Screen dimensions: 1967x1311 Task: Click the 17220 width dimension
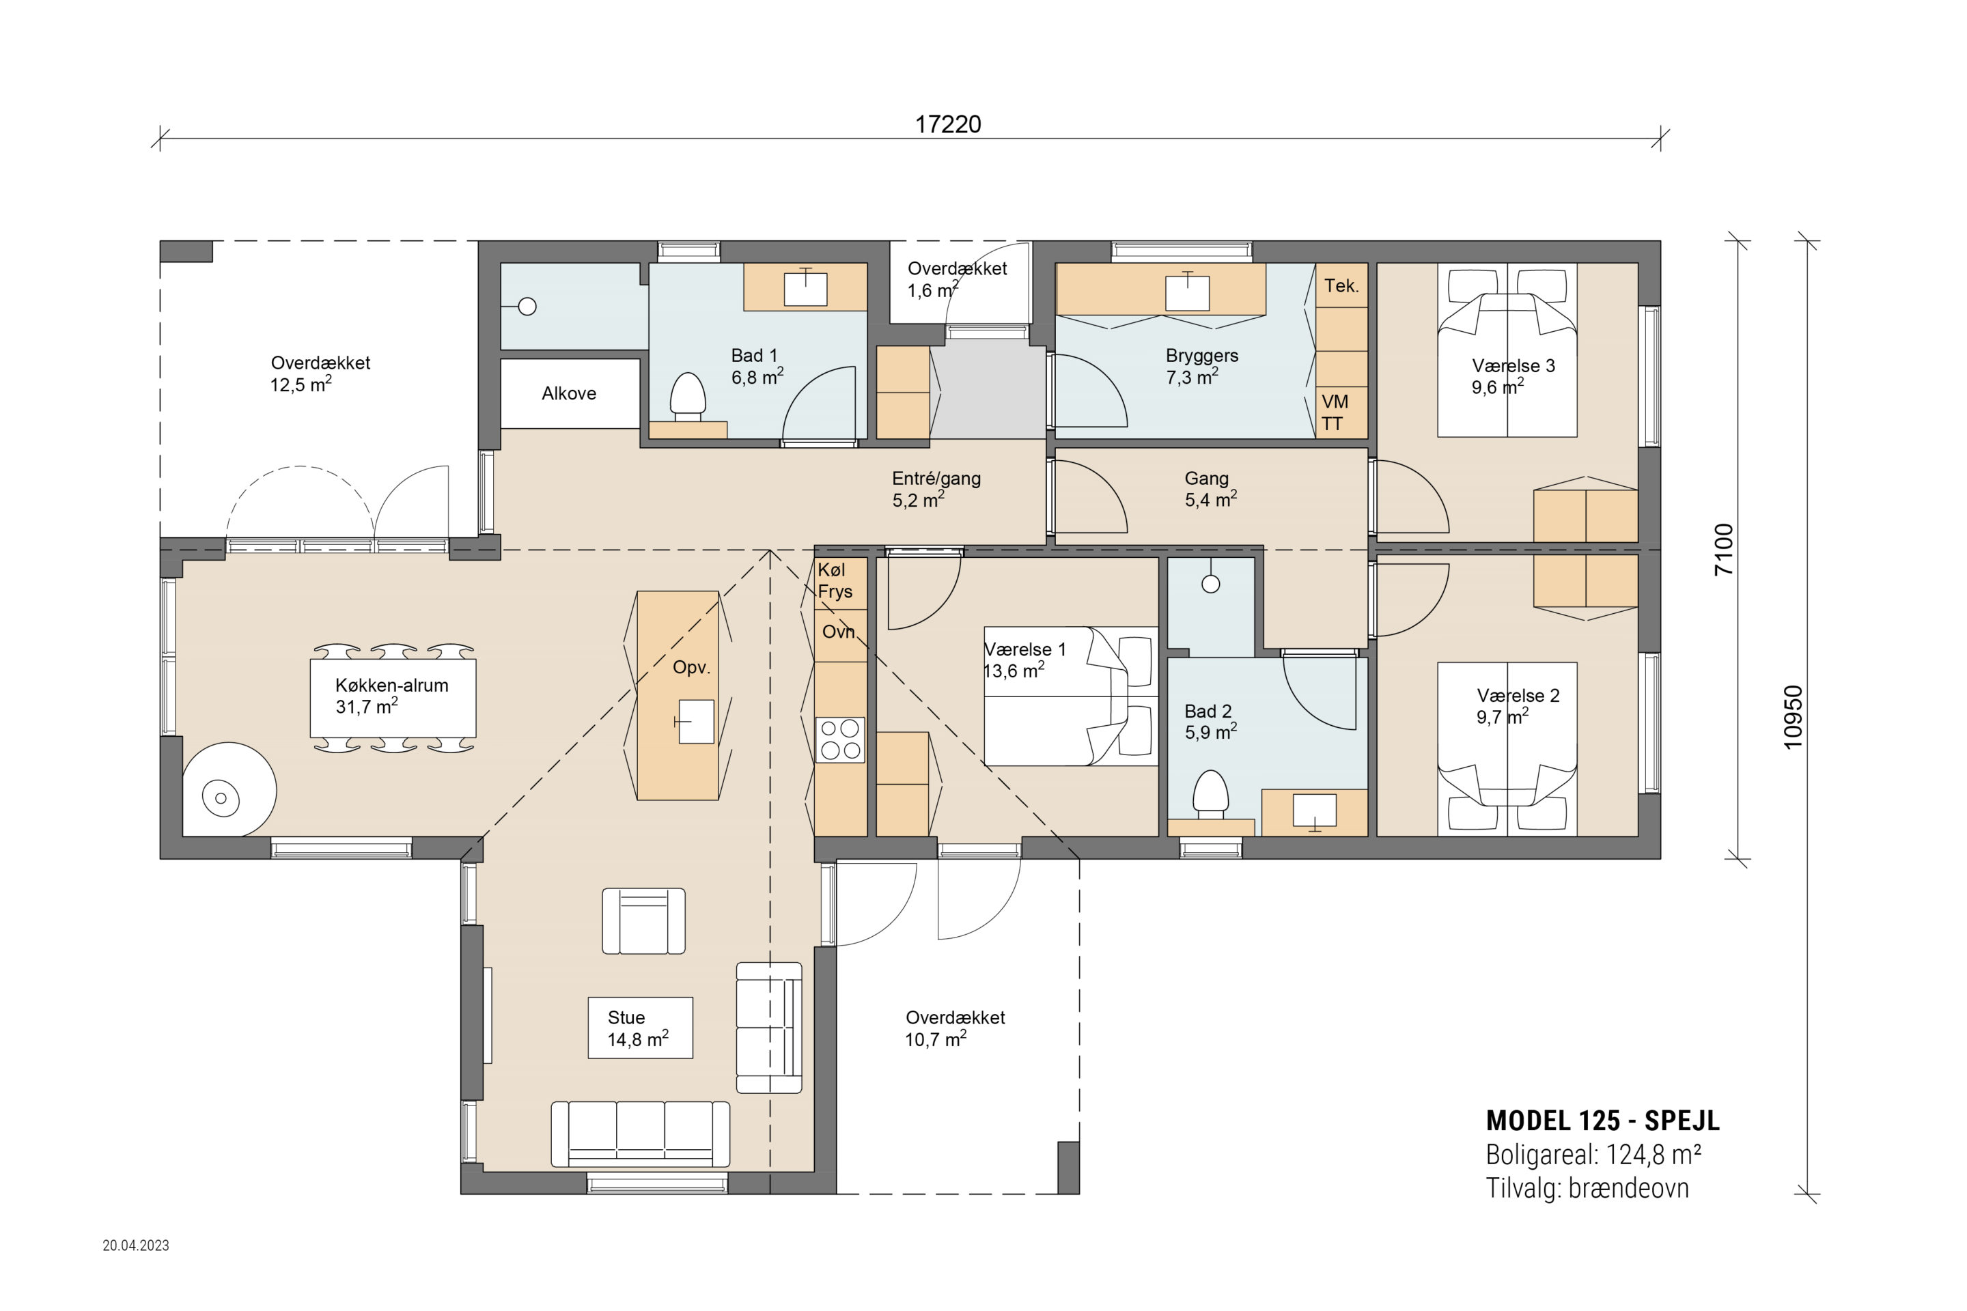click(x=947, y=124)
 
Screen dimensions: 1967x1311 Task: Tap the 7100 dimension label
click(x=1725, y=549)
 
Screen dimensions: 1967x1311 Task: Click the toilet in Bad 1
click(x=688, y=397)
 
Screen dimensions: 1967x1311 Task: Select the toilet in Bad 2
click(x=1210, y=794)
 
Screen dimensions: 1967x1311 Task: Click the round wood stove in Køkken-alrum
click(x=229, y=789)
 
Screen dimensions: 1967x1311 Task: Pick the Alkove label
click(x=569, y=394)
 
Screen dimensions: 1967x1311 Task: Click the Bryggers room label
click(x=1202, y=355)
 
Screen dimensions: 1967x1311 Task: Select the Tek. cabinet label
click(x=1341, y=286)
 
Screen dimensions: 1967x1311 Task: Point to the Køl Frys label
click(x=835, y=580)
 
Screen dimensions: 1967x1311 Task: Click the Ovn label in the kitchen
click(x=838, y=632)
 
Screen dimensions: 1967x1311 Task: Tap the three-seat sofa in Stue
click(x=640, y=1133)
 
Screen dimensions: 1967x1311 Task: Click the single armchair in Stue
click(x=644, y=920)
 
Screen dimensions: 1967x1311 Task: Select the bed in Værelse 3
click(x=1507, y=350)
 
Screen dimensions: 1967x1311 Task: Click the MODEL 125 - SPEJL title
click(x=1602, y=1120)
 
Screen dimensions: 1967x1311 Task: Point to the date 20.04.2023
click(x=135, y=1245)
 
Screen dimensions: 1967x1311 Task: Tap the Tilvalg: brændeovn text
click(x=1587, y=1188)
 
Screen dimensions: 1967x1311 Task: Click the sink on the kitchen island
click(x=695, y=722)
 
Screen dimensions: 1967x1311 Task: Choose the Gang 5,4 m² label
click(x=1210, y=489)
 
